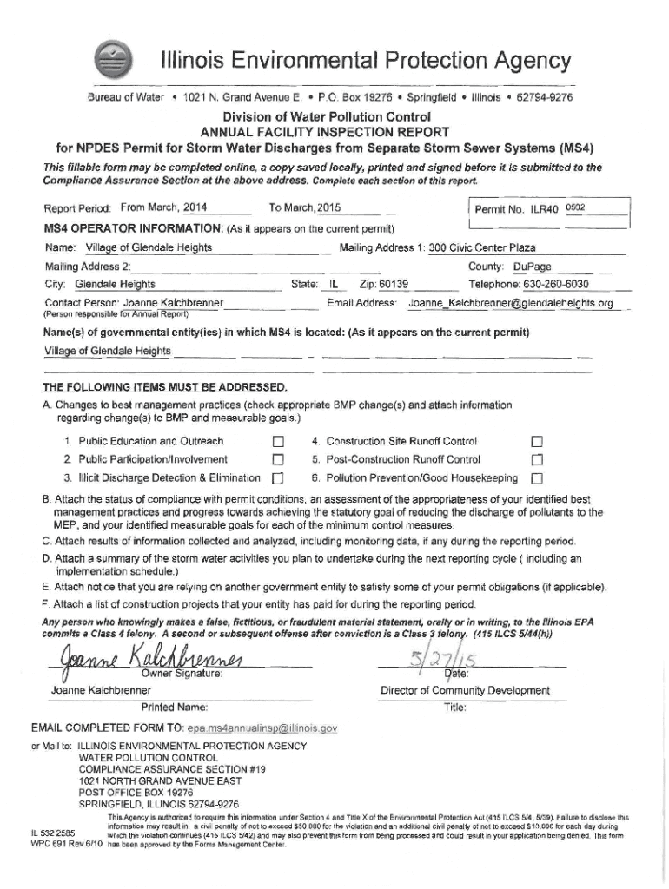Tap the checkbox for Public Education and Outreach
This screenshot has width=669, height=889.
[x=278, y=442]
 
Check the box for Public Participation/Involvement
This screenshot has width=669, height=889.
[x=278, y=460]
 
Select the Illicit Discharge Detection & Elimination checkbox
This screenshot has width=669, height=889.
[x=278, y=479]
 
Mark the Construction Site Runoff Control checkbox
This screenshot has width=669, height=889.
[x=537, y=442]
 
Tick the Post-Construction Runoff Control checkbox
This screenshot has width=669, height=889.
[x=537, y=460]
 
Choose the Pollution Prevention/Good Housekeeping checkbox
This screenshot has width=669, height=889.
[x=537, y=479]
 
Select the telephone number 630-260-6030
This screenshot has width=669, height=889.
[x=540, y=284]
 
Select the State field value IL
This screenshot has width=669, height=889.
[x=331, y=284]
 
